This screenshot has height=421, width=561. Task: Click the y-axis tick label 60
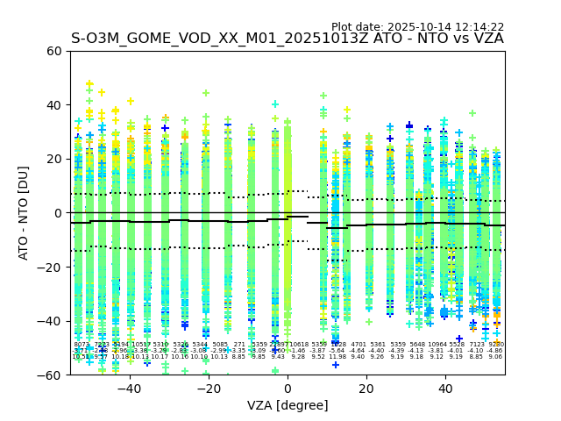coord(55,51)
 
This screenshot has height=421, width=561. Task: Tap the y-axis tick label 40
coord(55,105)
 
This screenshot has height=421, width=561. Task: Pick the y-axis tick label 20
coord(55,159)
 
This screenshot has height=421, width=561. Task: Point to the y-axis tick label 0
coord(59,213)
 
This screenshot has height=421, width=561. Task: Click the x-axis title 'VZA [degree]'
coord(288,405)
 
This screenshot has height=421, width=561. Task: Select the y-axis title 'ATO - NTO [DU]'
coord(24,213)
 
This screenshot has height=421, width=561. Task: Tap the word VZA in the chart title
coord(486,39)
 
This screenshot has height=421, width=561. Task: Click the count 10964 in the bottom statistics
coord(437,345)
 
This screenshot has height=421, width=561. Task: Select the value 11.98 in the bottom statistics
coord(337,357)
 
